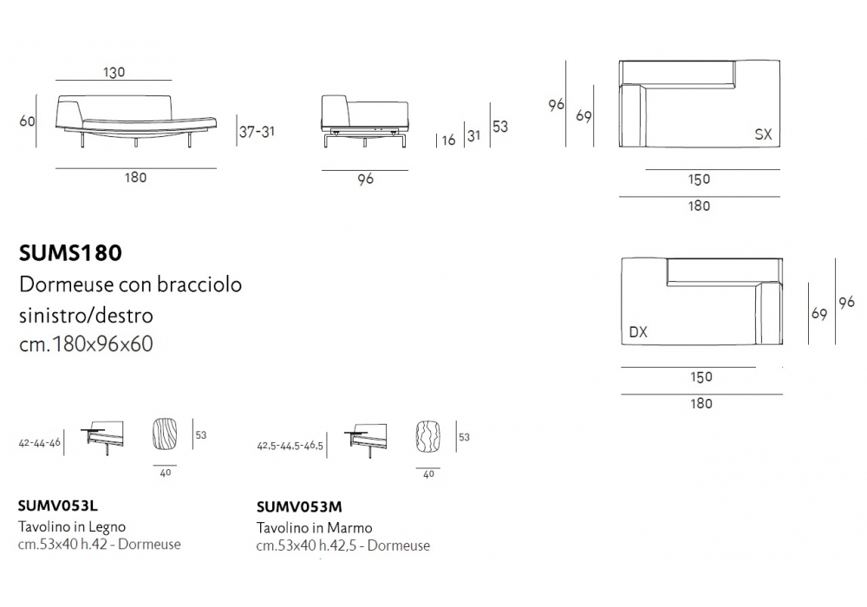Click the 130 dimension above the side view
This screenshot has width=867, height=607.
(114, 73)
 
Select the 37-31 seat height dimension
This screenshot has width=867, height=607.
(257, 132)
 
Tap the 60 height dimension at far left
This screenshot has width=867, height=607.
(27, 121)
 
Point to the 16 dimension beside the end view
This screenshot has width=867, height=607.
(448, 140)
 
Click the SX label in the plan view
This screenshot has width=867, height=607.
(763, 134)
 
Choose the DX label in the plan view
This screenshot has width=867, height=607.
(638, 332)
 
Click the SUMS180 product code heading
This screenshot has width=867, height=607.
(70, 253)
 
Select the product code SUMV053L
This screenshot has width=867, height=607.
(57, 506)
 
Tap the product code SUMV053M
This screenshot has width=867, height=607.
(299, 507)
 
